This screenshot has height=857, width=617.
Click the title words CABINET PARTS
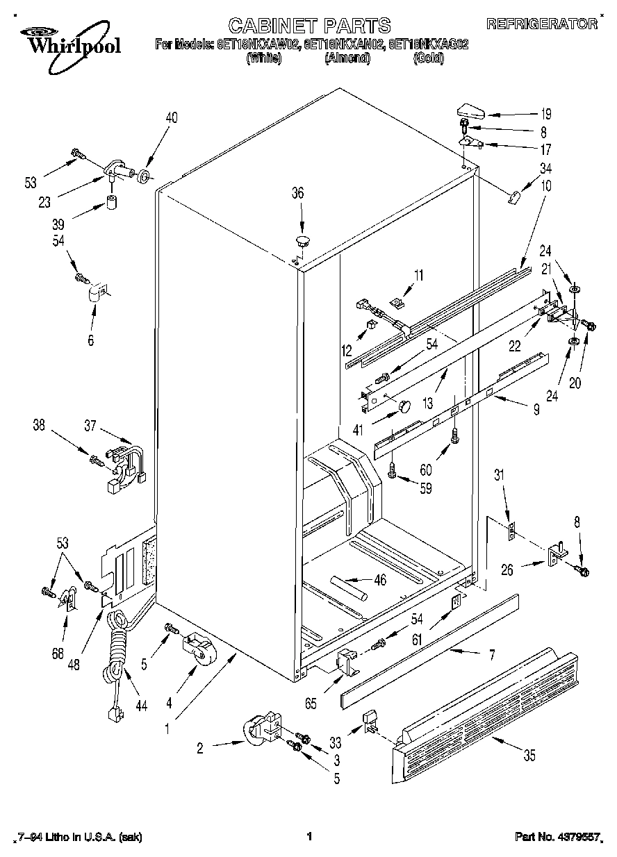click(309, 26)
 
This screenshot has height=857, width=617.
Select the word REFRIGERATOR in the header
click(542, 24)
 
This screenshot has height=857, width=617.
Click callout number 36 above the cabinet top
click(297, 194)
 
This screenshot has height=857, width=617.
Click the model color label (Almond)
click(347, 58)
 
